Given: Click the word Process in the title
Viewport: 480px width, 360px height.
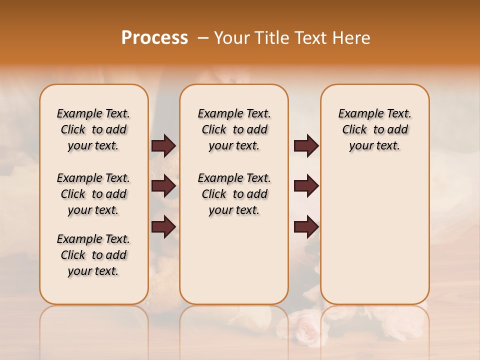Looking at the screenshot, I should [154, 38].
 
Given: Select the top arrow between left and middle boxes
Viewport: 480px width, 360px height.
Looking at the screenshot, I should [163, 145].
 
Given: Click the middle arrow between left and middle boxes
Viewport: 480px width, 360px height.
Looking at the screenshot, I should [163, 186].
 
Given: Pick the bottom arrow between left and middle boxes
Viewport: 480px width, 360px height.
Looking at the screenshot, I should [163, 226].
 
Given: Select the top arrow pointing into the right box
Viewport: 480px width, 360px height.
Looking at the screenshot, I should [306, 145].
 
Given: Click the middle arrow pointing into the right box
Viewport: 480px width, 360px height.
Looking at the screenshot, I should [306, 186].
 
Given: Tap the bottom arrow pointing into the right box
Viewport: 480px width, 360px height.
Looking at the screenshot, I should [306, 226].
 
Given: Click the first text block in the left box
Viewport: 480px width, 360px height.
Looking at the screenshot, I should [93, 129].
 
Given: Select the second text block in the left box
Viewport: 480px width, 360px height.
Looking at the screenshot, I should [93, 194].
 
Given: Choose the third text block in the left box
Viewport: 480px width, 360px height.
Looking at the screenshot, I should [93, 255].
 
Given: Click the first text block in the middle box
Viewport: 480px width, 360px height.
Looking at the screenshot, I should [234, 129].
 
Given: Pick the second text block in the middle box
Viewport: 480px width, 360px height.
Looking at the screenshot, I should [234, 194].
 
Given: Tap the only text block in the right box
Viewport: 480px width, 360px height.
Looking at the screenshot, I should [374, 129].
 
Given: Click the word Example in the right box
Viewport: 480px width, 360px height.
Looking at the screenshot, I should [356, 113].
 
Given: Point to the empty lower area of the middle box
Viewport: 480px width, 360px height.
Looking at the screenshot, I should [234, 260].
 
